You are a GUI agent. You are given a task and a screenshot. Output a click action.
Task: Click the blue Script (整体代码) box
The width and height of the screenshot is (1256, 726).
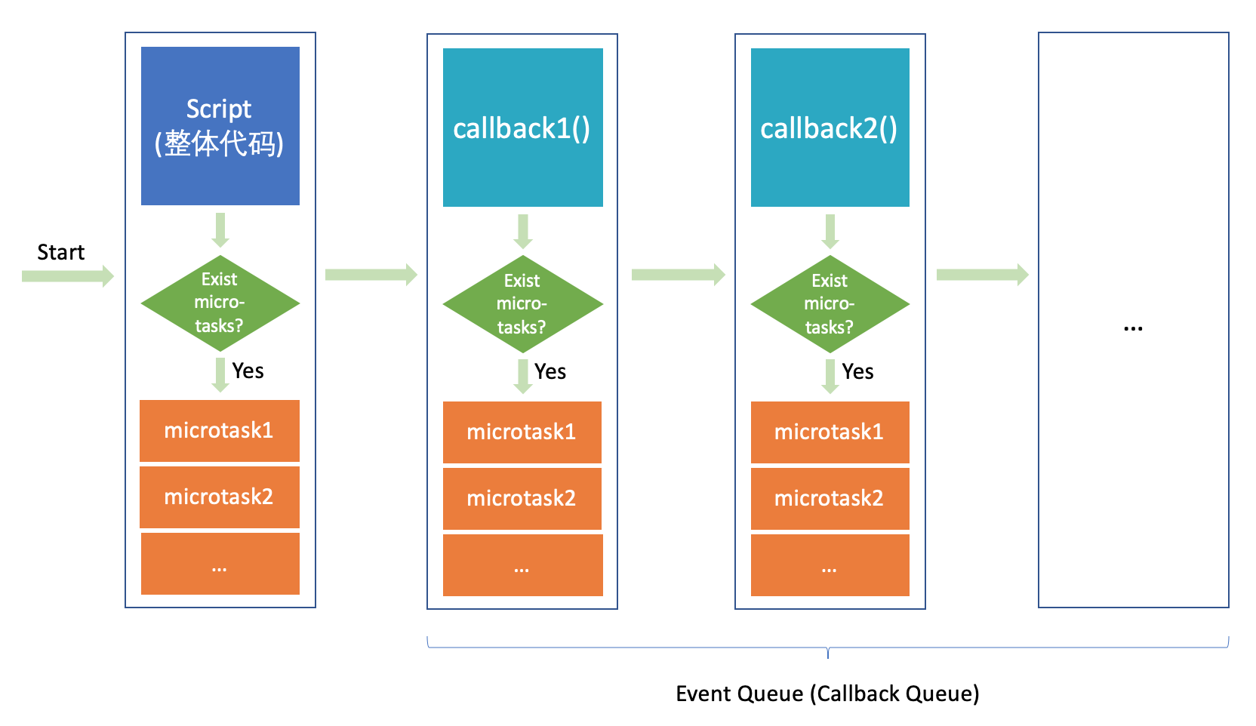pyautogui.click(x=220, y=125)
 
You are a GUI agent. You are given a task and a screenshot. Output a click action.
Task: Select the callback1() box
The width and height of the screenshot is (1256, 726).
pyautogui.click(x=522, y=128)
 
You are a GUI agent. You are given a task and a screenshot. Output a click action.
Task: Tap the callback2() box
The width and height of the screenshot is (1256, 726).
pyautogui.click(x=830, y=128)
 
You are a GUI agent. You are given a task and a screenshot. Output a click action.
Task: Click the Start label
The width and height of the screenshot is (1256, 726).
pyautogui.click(x=60, y=252)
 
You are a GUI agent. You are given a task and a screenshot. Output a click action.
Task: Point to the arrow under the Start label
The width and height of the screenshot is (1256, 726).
pyautogui.click(x=68, y=275)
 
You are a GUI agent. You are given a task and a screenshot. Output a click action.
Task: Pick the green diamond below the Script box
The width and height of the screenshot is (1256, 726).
pyautogui.click(x=220, y=303)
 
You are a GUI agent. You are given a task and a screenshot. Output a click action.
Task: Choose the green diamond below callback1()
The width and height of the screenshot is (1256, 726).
pyautogui.click(x=522, y=304)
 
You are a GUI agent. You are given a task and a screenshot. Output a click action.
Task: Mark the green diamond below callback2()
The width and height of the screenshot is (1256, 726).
pyautogui.click(x=830, y=304)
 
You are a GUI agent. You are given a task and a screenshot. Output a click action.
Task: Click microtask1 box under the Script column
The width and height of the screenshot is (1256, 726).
pyautogui.click(x=219, y=431)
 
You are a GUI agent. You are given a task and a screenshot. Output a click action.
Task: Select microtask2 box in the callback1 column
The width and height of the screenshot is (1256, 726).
pyautogui.click(x=522, y=498)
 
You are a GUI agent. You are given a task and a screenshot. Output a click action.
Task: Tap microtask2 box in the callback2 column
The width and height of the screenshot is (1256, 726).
pyautogui.click(x=830, y=498)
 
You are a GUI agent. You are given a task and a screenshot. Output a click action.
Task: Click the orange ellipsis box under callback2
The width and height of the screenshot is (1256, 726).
pyautogui.click(x=830, y=565)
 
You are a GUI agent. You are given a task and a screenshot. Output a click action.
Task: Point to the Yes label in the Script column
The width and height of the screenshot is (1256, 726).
pyautogui.click(x=248, y=371)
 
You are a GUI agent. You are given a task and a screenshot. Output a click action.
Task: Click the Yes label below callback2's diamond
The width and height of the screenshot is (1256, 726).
pyautogui.click(x=857, y=372)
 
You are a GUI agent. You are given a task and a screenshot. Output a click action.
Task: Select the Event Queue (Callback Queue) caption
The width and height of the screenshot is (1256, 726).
pyautogui.click(x=827, y=694)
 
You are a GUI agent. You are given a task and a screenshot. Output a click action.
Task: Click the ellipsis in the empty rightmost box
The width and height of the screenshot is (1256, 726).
pyautogui.click(x=1133, y=328)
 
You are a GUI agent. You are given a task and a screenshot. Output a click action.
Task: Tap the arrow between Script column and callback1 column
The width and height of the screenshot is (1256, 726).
pyautogui.click(x=371, y=275)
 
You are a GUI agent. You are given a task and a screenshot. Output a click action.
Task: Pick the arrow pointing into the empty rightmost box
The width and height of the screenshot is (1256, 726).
pyautogui.click(x=982, y=275)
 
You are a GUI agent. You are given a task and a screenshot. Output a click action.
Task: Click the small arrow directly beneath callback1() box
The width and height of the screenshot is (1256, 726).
pyautogui.click(x=522, y=232)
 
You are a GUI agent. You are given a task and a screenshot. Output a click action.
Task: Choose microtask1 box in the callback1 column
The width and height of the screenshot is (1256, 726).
pyautogui.click(x=522, y=432)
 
